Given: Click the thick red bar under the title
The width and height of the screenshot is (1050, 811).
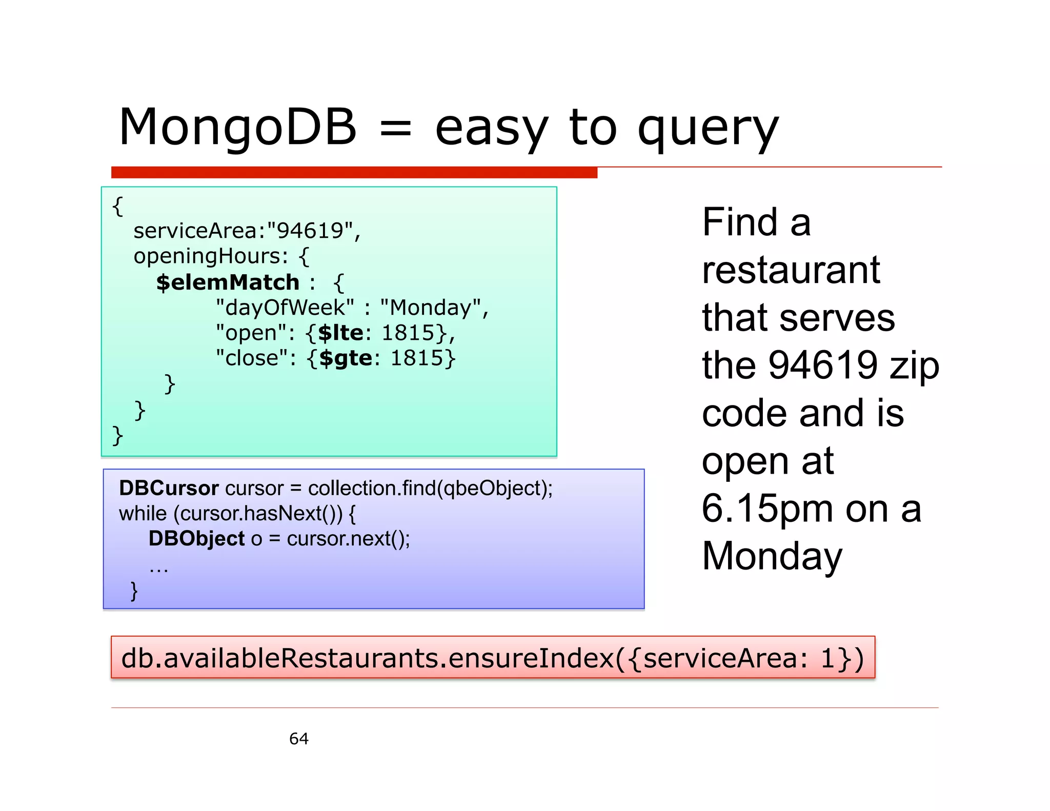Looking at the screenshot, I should point(354,172).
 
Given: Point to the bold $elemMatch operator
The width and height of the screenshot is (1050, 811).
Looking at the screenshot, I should point(228,282).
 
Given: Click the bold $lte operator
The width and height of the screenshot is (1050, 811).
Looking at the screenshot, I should point(341,333).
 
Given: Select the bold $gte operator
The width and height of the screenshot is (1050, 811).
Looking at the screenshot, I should point(346,358).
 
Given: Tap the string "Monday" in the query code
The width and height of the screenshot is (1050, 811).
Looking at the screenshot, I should point(431,308).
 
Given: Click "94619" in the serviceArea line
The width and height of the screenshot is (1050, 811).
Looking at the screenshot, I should point(310,231).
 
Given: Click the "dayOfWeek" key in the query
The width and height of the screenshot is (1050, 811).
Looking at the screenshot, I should point(285,308).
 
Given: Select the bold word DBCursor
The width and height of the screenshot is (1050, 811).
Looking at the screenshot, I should point(169,488).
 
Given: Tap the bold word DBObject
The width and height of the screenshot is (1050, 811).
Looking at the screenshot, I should point(196,539).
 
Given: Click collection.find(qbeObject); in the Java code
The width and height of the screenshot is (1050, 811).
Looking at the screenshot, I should point(430,489).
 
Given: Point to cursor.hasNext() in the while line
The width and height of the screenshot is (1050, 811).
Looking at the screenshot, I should point(258,514).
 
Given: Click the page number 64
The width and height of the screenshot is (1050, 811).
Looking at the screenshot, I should point(299,739).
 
